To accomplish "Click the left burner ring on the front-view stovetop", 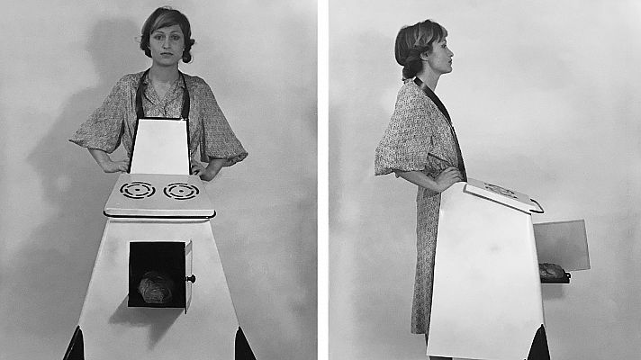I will [x=138, y=190].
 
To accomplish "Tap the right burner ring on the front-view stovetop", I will [x=181, y=190].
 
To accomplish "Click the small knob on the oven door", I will [x=191, y=279].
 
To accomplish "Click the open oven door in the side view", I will [x=561, y=244].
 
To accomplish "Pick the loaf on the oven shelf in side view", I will [x=551, y=272].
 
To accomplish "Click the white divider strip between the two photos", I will [x=322, y=180].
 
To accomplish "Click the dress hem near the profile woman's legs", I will [x=420, y=324].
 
